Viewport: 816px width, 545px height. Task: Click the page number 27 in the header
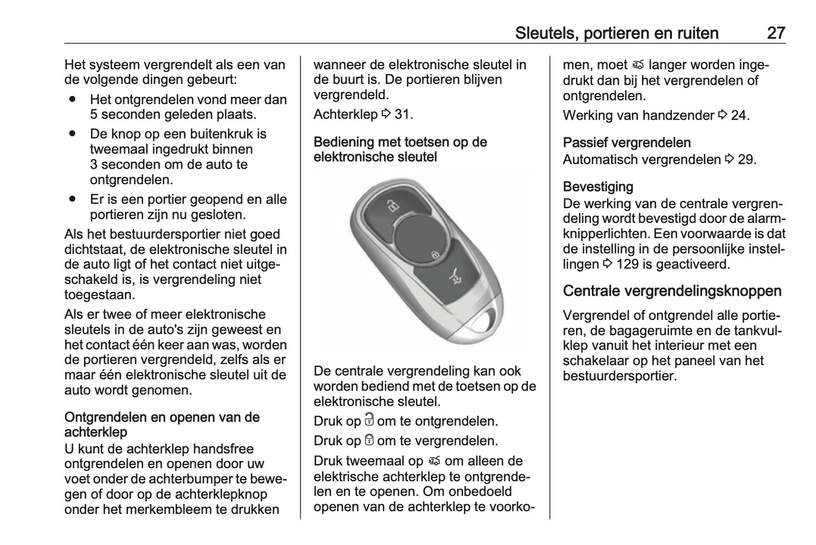point(776,33)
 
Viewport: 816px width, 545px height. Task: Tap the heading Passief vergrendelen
point(627,143)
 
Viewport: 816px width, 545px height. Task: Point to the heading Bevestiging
point(598,187)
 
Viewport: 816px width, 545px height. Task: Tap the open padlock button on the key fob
point(390,205)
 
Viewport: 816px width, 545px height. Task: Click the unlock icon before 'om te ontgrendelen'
point(369,420)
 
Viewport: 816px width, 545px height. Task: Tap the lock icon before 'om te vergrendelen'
point(369,440)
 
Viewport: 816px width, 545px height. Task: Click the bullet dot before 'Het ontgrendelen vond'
point(72,98)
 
